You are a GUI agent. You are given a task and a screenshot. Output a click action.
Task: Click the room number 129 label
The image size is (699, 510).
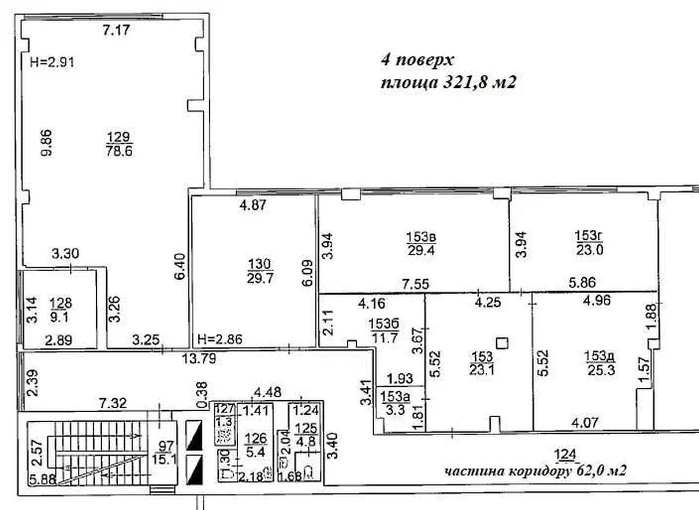click(x=119, y=137)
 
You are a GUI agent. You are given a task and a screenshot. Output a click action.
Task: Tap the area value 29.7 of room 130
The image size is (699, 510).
click(x=260, y=278)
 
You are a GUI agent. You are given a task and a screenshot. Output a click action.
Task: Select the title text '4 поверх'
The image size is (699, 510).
click(x=417, y=60)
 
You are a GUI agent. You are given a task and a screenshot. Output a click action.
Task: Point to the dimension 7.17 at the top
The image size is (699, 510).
click(x=116, y=30)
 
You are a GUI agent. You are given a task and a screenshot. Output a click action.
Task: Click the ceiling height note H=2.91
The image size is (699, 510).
click(x=52, y=62)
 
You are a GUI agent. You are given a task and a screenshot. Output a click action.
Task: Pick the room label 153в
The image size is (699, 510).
click(x=421, y=237)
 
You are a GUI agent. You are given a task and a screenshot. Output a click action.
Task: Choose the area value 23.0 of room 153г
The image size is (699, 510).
click(x=590, y=250)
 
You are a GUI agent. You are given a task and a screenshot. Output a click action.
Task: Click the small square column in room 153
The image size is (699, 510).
click(x=502, y=343)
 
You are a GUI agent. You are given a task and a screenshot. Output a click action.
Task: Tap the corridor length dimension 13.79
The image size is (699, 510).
click(x=199, y=359)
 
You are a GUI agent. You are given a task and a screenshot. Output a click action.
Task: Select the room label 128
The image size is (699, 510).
click(x=61, y=303)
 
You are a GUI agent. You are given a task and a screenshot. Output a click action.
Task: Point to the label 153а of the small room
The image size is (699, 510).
click(x=395, y=397)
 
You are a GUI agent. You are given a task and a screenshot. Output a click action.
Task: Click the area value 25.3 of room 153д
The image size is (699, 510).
click(x=601, y=371)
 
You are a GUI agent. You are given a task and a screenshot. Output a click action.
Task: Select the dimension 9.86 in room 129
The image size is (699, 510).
click(x=47, y=143)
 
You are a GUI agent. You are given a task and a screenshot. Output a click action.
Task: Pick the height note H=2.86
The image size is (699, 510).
click(x=220, y=339)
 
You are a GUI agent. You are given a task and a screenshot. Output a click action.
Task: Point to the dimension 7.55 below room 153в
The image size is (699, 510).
click(x=415, y=284)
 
